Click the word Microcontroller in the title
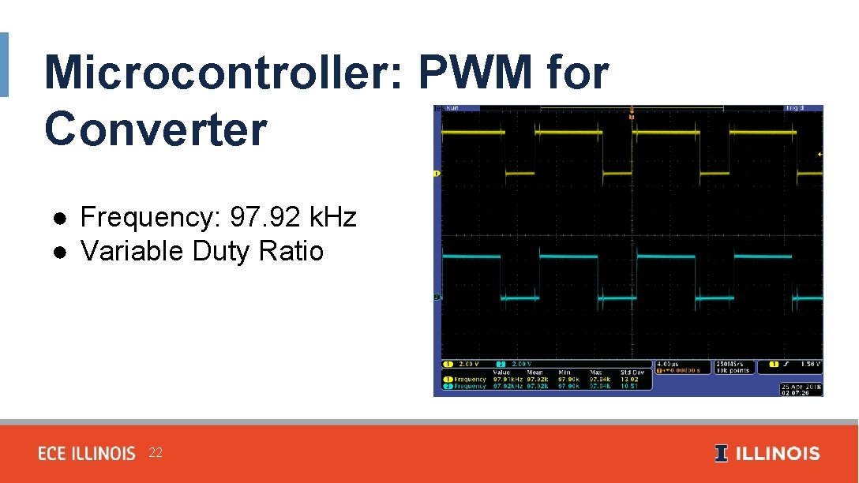224,73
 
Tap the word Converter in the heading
156,129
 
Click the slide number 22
156,452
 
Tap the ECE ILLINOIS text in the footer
87,453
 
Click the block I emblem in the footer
721,453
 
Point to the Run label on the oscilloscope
452,108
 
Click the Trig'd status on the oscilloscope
793,108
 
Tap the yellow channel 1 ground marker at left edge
437,172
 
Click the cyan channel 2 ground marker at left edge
437,297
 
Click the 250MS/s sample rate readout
730,364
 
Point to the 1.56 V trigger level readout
810,365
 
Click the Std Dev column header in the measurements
632,373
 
